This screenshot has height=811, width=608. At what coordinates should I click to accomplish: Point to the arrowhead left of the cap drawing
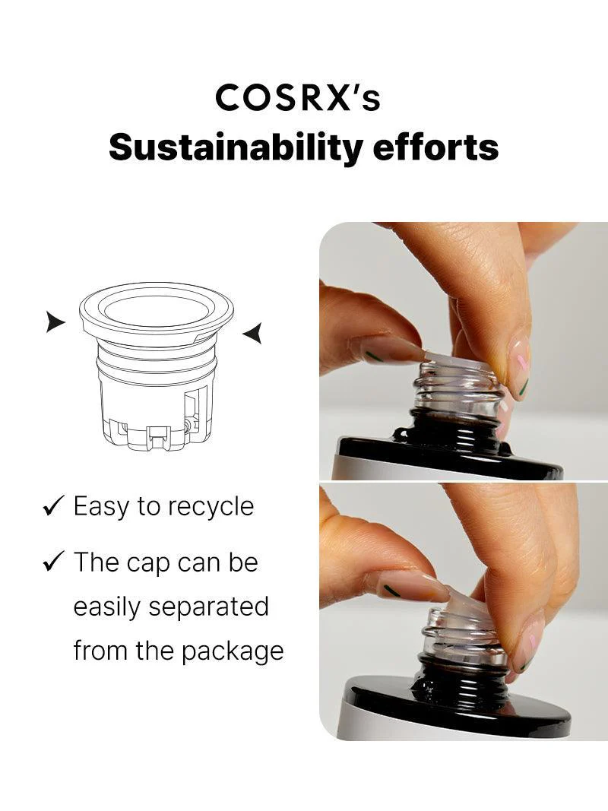click(x=54, y=322)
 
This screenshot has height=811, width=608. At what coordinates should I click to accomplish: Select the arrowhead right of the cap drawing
click(x=253, y=332)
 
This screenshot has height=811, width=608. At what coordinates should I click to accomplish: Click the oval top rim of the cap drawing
click(x=157, y=311)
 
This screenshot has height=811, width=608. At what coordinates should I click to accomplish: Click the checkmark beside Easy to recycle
click(x=53, y=507)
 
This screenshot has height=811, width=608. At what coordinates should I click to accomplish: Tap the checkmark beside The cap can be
click(x=53, y=562)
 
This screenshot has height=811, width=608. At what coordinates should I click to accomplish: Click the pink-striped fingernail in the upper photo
click(x=521, y=369)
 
